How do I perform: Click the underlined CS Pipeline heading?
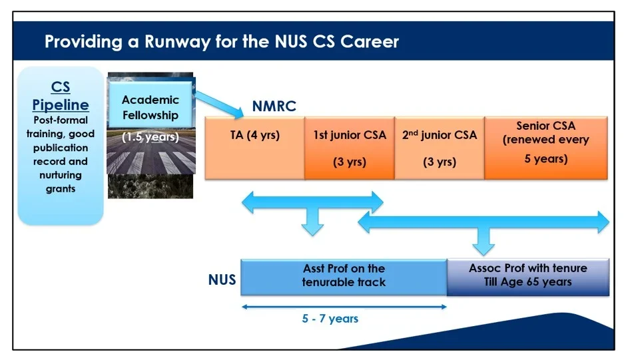click(61, 96)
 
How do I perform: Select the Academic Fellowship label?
click(151, 107)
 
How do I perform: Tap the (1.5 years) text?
click(151, 138)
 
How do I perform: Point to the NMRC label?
click(274, 106)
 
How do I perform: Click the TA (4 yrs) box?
click(254, 148)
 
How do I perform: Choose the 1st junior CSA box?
click(349, 148)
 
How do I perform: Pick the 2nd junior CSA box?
click(439, 148)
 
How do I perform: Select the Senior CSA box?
click(545, 148)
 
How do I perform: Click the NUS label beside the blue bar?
click(222, 279)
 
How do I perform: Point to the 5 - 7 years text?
click(330, 319)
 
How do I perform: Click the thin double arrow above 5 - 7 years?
click(343, 307)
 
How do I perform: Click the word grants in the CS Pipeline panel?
click(61, 189)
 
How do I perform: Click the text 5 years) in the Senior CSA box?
click(545, 159)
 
